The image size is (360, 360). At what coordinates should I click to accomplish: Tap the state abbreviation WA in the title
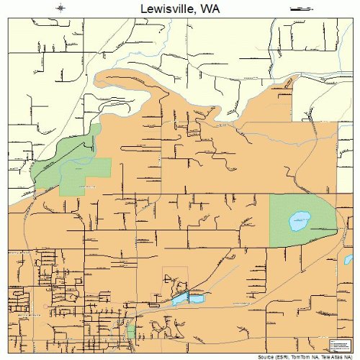pos(210,9)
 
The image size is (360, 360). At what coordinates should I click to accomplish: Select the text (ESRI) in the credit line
pos(284,357)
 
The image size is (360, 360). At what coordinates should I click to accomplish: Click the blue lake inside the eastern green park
pos(297,221)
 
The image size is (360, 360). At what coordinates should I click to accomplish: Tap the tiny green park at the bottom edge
pos(130,332)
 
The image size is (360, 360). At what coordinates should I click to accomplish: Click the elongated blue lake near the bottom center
pos(189,297)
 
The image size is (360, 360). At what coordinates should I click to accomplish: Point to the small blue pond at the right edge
pos(349,259)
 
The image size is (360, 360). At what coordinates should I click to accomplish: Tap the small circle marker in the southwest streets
pos(44,306)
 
